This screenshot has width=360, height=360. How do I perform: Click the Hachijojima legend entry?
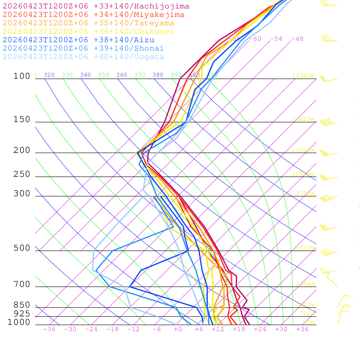(x=96, y=6)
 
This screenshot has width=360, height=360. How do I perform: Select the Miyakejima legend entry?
(x=93, y=15)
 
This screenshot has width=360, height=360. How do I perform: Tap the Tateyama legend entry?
(x=88, y=23)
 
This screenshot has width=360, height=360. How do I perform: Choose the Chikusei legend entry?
(x=88, y=32)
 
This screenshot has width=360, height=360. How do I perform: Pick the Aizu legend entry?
(x=78, y=40)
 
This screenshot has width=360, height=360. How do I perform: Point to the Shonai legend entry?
(x=83, y=49)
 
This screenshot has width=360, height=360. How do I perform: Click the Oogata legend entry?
(x=83, y=57)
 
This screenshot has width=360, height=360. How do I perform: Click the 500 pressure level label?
(x=22, y=248)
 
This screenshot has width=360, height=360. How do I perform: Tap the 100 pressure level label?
(x=22, y=76)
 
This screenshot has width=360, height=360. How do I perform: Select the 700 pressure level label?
(x=22, y=284)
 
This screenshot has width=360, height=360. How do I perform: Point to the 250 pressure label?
(x=22, y=174)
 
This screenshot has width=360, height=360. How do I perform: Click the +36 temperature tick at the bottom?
(x=302, y=329)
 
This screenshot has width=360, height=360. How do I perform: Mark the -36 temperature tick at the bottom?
(x=49, y=329)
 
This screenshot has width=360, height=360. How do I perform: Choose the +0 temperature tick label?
(x=178, y=329)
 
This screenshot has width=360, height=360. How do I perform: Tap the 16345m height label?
(x=303, y=76)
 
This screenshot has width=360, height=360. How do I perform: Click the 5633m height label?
(x=305, y=248)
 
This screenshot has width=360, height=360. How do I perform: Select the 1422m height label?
(x=305, y=305)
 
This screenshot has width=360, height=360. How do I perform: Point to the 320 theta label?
(x=49, y=75)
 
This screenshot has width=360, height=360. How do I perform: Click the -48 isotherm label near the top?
(x=297, y=39)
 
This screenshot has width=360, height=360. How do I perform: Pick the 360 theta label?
(x=122, y=75)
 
